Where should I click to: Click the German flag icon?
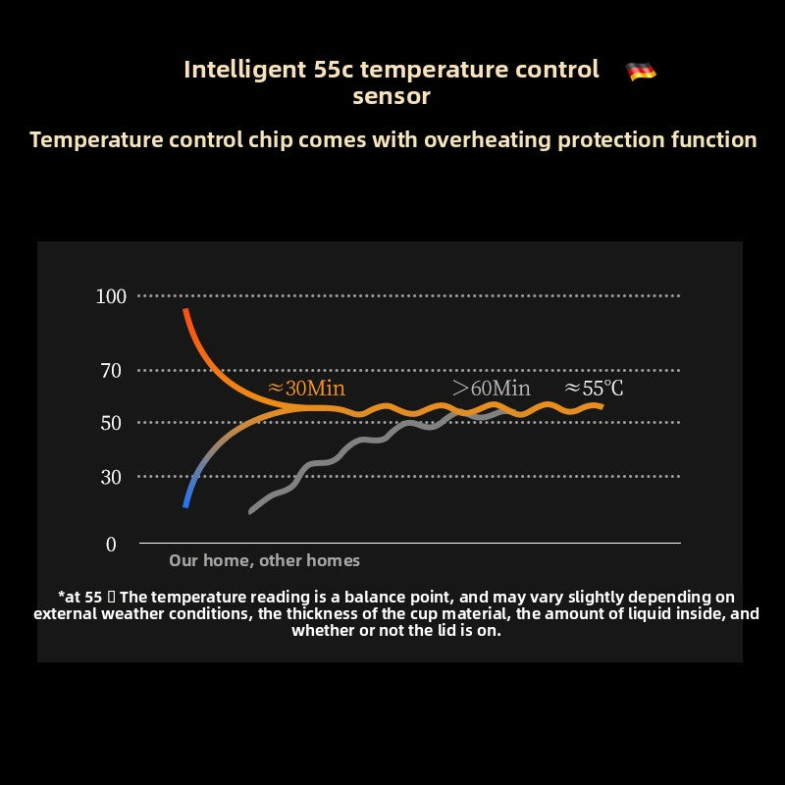point(641,71)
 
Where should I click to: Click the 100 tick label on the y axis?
point(111,295)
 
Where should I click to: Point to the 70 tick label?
point(111,371)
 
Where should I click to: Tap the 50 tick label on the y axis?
point(111,423)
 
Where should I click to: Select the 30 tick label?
point(111,477)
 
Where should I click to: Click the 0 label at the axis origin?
point(111,545)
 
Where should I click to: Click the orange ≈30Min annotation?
point(306,387)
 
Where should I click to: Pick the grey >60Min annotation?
point(492,388)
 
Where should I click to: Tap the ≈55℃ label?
point(594,388)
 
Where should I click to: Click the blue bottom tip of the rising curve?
point(185,503)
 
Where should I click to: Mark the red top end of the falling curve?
point(185,312)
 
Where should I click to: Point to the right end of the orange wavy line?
point(600,405)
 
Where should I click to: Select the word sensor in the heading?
point(392,96)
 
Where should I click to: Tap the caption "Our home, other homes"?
point(264,560)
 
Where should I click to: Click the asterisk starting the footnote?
point(63,595)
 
